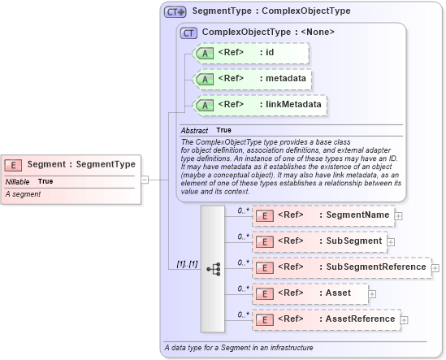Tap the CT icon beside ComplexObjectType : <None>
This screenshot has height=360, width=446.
188,33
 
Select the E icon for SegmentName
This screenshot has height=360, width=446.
264,215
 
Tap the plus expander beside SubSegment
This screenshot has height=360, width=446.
391,241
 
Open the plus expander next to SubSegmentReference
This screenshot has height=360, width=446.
435,267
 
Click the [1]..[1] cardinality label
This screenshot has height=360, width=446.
187,265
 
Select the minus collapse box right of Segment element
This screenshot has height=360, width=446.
144,180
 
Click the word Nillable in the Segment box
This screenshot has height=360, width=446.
16,181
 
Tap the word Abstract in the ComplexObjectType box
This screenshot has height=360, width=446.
194,130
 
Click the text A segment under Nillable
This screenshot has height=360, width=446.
23,195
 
